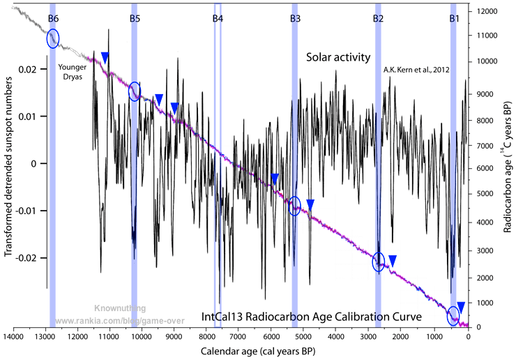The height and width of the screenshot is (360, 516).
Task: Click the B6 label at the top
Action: (52, 18)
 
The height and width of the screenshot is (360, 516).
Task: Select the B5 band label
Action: (135, 18)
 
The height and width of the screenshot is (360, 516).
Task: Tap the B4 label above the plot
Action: (218, 18)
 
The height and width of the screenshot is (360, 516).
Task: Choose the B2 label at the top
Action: (378, 18)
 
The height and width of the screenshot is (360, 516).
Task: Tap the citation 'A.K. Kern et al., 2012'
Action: (416, 70)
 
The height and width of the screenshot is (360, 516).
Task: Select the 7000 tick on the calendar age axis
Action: (238, 337)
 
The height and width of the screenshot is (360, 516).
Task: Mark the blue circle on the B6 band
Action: (53, 39)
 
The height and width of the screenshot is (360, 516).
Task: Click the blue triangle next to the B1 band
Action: (461, 306)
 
